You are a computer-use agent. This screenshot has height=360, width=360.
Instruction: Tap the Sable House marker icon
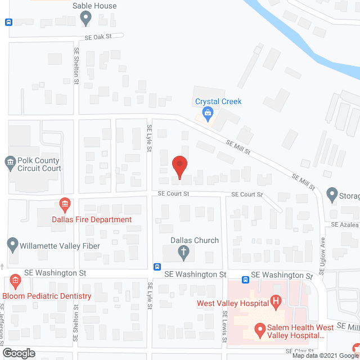(86, 19)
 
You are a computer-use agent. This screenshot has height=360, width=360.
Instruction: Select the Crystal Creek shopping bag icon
(207, 114)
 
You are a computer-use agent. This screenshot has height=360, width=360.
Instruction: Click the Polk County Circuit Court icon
(10, 164)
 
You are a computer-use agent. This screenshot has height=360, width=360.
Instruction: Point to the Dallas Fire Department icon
(65, 203)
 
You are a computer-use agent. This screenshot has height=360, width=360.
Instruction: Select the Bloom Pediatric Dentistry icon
(15, 281)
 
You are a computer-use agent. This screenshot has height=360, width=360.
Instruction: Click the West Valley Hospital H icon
(276, 303)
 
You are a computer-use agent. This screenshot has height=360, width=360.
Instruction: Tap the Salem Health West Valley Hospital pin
(260, 328)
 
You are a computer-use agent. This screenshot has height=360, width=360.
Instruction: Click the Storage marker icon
(331, 195)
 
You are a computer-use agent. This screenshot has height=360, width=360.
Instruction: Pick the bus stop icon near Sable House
(8, 22)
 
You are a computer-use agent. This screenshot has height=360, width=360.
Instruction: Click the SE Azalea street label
(345, 224)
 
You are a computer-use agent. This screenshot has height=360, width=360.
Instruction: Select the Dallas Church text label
(195, 240)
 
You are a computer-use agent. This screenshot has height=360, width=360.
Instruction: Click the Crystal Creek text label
(218, 101)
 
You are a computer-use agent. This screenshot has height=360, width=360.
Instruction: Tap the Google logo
(18, 353)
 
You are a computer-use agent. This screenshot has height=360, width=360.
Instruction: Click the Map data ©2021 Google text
(324, 355)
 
